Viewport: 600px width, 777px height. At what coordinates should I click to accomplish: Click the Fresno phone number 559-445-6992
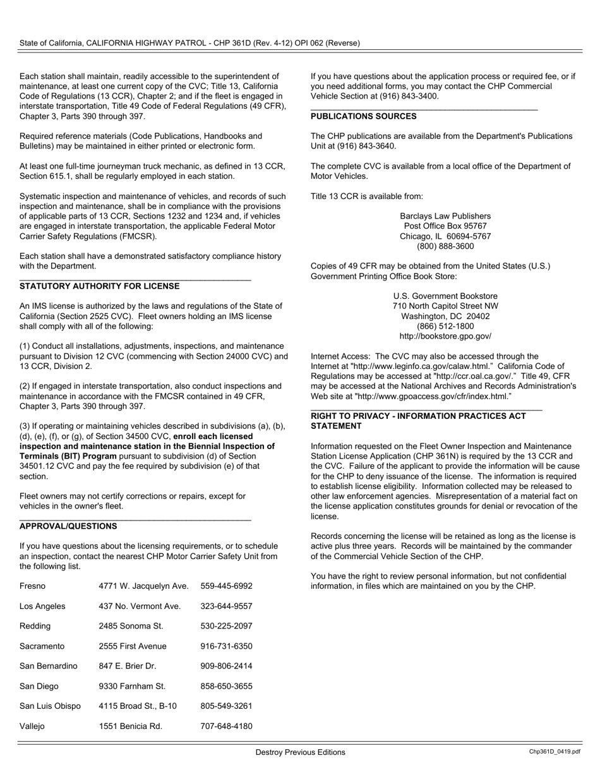[226, 586]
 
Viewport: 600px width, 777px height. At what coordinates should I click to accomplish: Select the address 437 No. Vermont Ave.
[140, 606]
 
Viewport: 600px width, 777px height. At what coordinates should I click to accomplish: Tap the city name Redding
[35, 626]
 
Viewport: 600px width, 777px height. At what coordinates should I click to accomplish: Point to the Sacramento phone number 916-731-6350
[226, 646]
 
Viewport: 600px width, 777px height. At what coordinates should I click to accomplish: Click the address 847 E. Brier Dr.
[128, 666]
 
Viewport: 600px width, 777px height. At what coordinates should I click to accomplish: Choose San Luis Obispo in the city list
[50, 706]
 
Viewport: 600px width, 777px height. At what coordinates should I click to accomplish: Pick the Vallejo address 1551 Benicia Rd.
[130, 726]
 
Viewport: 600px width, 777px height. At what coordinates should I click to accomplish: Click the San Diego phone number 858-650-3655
[226, 686]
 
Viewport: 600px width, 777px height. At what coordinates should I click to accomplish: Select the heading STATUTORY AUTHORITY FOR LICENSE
[99, 286]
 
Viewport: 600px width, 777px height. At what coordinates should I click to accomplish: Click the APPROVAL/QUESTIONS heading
[68, 526]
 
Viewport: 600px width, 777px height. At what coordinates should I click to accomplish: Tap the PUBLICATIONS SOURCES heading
[363, 116]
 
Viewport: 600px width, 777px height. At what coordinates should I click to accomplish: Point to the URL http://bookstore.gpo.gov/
[445, 337]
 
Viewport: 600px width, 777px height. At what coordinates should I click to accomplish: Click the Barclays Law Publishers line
[445, 216]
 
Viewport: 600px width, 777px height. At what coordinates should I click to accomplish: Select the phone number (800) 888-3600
[445, 246]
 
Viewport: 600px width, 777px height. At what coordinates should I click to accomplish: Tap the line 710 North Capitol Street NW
[445, 306]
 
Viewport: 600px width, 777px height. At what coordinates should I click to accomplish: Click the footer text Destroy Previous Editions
[300, 752]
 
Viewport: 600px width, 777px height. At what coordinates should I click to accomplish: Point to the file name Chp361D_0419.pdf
[555, 752]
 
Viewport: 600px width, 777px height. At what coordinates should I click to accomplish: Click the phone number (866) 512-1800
[445, 327]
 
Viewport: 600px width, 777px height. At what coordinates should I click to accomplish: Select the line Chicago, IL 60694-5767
[445, 236]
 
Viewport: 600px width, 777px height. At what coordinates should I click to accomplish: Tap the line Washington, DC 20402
[445, 316]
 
